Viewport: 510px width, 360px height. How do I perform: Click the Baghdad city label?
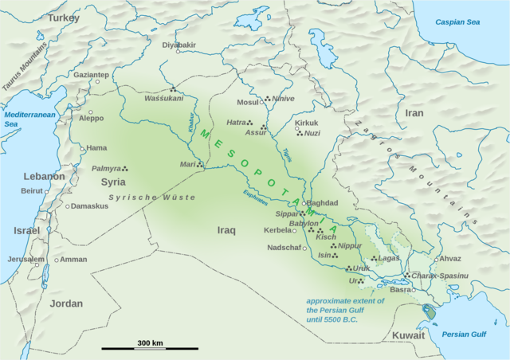(324, 203)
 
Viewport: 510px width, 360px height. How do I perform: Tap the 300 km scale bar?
(149, 348)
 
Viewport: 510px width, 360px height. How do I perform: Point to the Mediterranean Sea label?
(22, 119)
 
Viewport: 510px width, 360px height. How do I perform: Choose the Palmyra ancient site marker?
(125, 168)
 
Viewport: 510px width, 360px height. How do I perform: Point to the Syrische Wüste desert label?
(151, 196)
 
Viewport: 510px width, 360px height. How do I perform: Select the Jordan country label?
(44, 304)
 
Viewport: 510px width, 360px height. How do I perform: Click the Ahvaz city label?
(450, 258)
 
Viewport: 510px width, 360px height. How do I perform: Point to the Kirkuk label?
(307, 123)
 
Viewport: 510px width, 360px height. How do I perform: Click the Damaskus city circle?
(67, 205)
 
